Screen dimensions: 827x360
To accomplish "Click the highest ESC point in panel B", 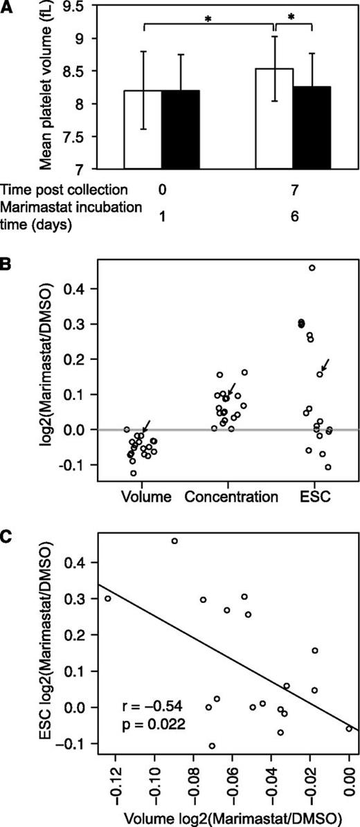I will [312, 268].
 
